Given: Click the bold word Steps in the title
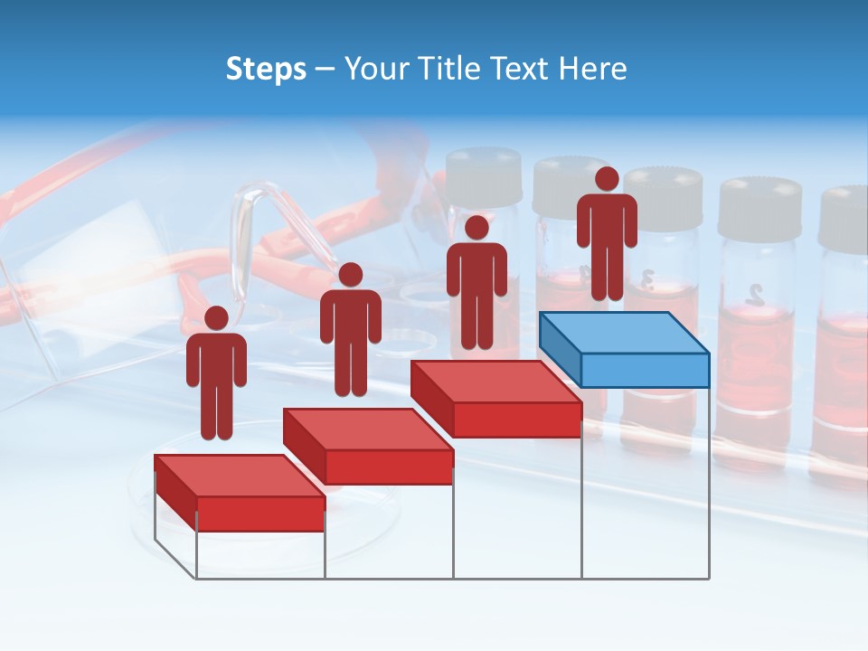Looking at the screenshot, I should pyautogui.click(x=266, y=70).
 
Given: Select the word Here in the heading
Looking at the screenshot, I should pyautogui.click(x=591, y=69).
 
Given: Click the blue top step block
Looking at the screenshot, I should pyautogui.click(x=624, y=348).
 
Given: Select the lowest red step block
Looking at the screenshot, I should pyautogui.click(x=240, y=493).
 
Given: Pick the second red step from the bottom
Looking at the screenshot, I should pyautogui.click(x=368, y=446).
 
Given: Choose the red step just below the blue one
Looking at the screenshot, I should pyautogui.click(x=495, y=398).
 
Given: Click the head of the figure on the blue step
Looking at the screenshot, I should pyautogui.click(x=607, y=179).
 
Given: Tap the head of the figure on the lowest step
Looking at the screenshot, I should pyautogui.click(x=216, y=318).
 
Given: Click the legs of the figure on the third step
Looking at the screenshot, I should pyautogui.click(x=476, y=321).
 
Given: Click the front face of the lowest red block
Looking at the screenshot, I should pyautogui.click(x=260, y=514).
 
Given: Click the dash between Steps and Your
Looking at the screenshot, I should pyautogui.click(x=325, y=71).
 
